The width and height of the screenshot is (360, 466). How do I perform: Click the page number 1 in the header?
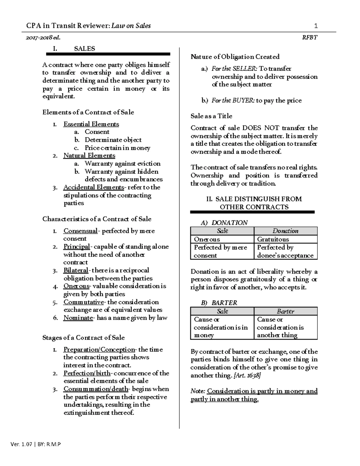[x=316, y=26]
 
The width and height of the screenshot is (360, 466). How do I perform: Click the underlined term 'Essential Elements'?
[x=91, y=124]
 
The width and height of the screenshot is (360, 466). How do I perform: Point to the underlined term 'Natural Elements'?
[x=89, y=155]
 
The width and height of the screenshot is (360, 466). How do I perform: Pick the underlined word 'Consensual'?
[x=80, y=231]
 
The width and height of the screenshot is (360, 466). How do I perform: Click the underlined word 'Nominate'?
[x=78, y=318]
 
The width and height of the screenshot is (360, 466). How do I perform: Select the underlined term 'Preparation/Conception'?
[x=99, y=349]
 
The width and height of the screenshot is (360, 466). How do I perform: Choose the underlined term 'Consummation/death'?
[x=96, y=389]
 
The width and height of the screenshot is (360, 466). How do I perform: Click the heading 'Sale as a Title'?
[x=211, y=116]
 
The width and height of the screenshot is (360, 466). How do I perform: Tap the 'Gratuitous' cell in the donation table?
[x=273, y=239]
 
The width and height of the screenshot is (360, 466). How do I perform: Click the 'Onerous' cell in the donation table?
[x=207, y=239]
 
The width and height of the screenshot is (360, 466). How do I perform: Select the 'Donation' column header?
[x=285, y=231]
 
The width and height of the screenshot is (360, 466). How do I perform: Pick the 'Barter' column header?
[x=285, y=311]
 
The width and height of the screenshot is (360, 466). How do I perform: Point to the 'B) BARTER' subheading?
[x=219, y=303]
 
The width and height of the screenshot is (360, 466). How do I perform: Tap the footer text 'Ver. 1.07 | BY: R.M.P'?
[x=35, y=444]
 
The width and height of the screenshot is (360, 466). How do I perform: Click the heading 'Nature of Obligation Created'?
[x=235, y=57]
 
